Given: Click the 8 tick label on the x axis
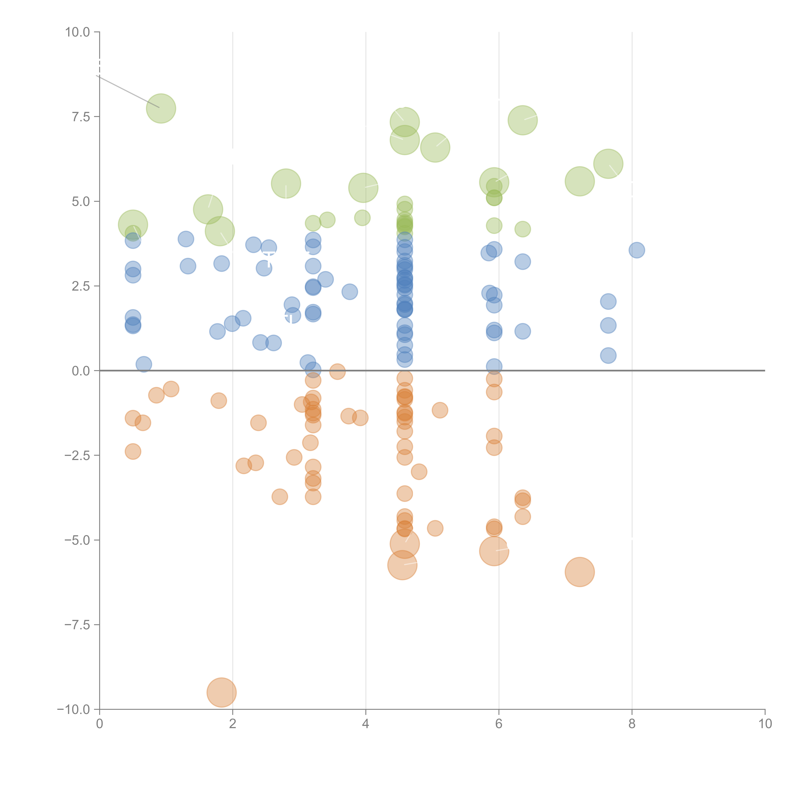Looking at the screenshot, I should (632, 724).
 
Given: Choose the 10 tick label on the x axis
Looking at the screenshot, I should (765, 724).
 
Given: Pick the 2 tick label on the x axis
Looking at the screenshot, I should (233, 724).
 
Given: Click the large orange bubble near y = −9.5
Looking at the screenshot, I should (222, 692).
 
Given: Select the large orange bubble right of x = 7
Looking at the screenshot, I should (580, 572).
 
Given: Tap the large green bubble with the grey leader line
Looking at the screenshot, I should (161, 109).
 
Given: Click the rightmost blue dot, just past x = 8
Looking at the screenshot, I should (636, 250).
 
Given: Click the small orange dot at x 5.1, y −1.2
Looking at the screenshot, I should (440, 410).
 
